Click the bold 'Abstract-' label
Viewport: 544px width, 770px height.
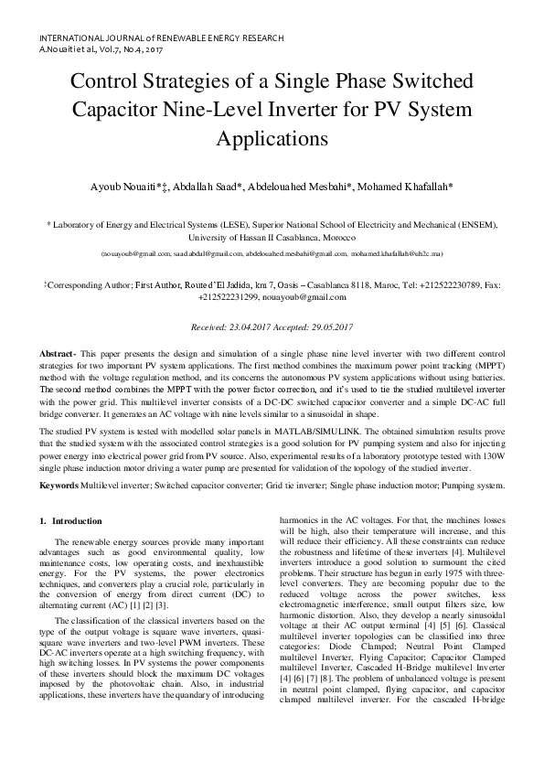(58, 353)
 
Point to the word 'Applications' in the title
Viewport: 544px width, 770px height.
(272, 140)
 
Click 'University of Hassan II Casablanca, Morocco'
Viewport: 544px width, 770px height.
(272, 237)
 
